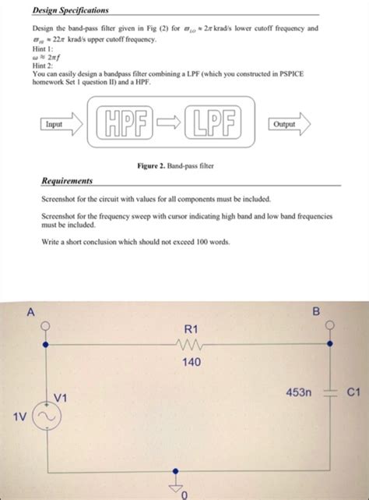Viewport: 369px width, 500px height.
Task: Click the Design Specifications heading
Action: [70, 10]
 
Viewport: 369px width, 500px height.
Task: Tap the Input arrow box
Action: [59, 123]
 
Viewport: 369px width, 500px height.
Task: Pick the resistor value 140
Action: [192, 362]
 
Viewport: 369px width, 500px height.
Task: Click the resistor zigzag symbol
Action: [192, 343]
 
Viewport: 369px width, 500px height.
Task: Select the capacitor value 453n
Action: [298, 394]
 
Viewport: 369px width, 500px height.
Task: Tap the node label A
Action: [31, 312]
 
